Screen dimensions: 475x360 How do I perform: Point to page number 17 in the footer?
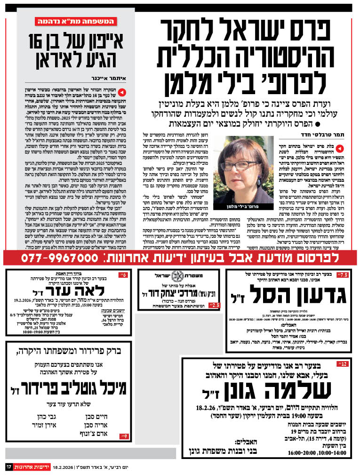tap(8, 467)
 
